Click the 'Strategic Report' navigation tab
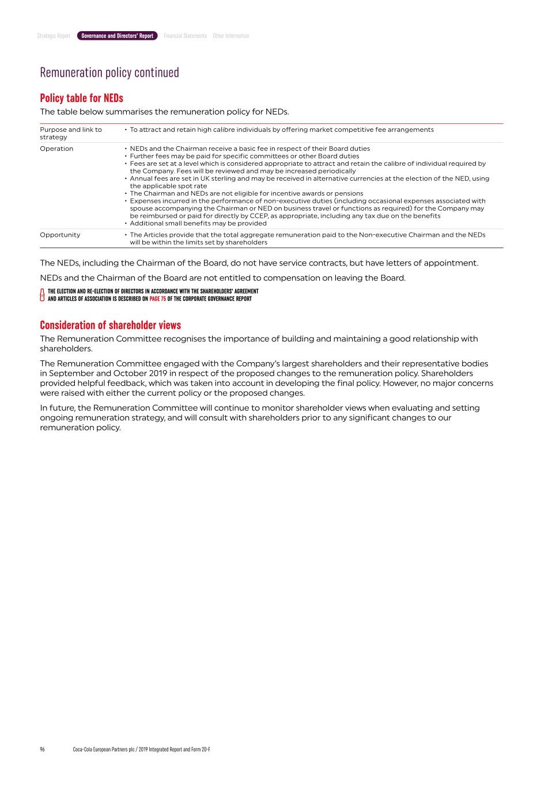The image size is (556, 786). coord(54,36)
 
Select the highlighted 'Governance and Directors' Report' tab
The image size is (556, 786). coord(117,36)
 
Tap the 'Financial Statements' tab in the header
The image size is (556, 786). coord(185,36)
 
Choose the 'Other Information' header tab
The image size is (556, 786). coord(231,36)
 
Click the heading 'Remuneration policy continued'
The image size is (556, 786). coord(109,73)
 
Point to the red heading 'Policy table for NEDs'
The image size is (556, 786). coord(81,98)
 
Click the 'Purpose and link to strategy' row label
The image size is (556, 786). coord(70,133)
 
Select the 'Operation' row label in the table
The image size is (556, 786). coord(56,149)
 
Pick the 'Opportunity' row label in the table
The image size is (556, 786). coord(60,235)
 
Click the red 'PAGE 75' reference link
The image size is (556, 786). coord(157,299)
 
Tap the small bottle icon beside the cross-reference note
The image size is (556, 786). coord(42,295)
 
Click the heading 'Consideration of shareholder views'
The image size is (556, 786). coord(110,325)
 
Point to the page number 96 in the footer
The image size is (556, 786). coord(42,749)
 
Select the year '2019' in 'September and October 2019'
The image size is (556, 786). coord(158,373)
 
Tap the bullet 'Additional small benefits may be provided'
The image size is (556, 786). coord(198,223)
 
